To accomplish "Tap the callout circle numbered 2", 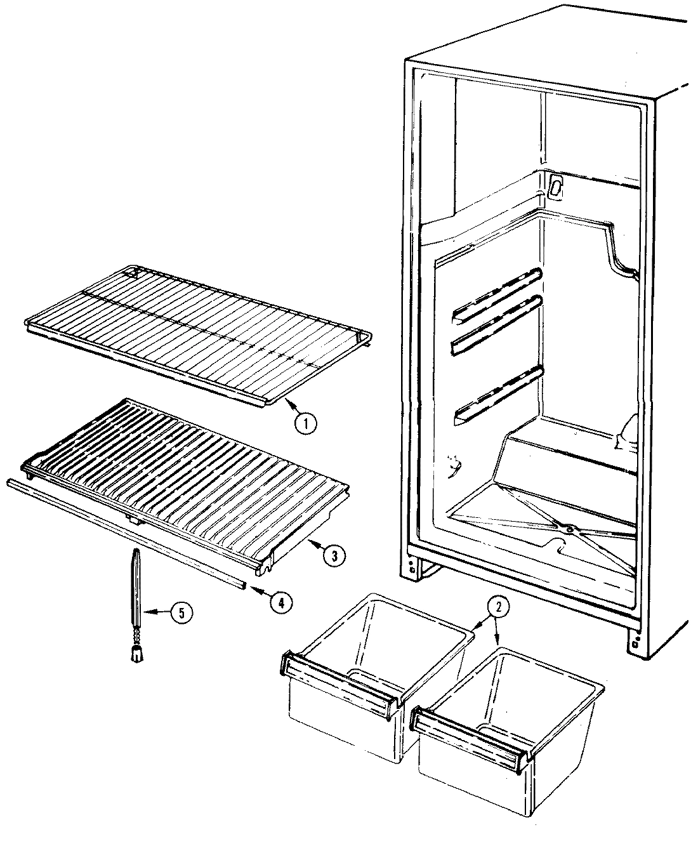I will tap(498, 607).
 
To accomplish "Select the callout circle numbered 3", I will tap(333, 555).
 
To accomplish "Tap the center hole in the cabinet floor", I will tap(569, 528).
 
